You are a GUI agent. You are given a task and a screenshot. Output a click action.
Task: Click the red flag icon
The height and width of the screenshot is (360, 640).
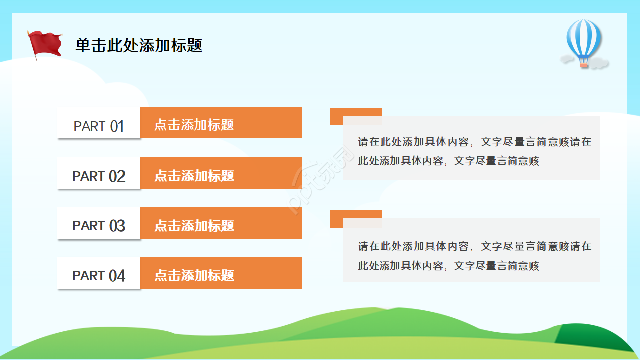pos(46,44)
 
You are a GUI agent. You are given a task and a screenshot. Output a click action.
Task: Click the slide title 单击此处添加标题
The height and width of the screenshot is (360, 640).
pos(139,45)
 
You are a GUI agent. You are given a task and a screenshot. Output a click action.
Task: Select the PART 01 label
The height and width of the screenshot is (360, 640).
pos(98,126)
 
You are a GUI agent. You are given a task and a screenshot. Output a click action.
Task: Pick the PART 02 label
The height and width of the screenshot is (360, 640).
pos(98,176)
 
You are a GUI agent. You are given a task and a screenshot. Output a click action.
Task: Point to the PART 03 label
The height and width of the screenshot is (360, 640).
pos(98,226)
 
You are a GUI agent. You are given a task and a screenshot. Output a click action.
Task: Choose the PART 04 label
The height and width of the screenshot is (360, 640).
pos(98,275)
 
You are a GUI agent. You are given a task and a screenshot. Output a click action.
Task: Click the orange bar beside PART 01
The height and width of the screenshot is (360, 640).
pos(221,123)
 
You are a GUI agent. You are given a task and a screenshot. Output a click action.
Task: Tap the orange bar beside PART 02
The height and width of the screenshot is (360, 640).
pos(221,173)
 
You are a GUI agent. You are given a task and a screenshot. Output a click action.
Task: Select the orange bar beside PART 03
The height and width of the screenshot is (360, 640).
pos(221,223)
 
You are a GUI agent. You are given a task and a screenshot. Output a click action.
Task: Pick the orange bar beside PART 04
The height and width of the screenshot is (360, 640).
pos(221,273)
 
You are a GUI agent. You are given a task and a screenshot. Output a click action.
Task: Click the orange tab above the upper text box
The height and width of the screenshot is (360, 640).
pos(356,112)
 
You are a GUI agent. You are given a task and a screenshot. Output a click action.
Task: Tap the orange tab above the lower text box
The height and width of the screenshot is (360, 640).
pos(356,214)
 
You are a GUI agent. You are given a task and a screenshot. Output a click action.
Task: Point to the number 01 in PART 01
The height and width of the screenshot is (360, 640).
pos(117,126)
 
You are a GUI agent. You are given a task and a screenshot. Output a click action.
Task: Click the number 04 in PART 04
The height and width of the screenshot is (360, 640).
pos(117,276)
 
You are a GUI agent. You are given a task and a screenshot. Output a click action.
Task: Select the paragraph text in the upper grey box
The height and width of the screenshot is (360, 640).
pos(474,151)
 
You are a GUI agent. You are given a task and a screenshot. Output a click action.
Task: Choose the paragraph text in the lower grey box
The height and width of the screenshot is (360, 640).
pos(474,256)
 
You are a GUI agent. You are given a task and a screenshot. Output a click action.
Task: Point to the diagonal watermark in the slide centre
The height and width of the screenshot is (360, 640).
pos(320,181)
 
